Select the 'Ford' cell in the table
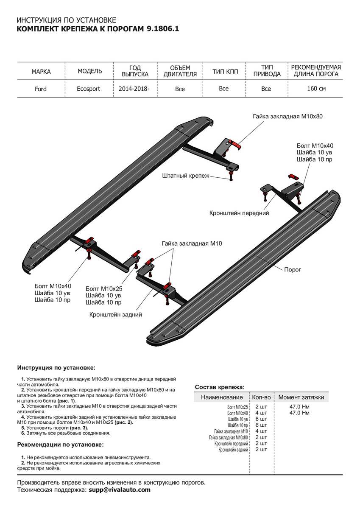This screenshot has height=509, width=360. [x=41, y=89]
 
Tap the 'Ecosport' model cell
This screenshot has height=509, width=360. [x=89, y=89]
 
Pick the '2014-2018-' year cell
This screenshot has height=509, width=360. [x=135, y=89]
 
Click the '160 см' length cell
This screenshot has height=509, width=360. [x=316, y=89]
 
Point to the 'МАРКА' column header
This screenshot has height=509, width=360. [x=41, y=71]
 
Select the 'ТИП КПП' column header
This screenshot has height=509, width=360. [x=225, y=71]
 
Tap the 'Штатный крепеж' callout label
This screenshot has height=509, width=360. [x=186, y=175]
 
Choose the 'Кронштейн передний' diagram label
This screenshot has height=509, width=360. [x=239, y=213]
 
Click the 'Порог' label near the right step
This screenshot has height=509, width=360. [x=292, y=269]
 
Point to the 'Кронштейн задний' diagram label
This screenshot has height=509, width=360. [x=115, y=315]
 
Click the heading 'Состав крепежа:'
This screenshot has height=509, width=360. [x=219, y=387]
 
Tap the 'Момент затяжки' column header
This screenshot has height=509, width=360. [x=301, y=397]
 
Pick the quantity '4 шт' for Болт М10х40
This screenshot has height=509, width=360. [x=261, y=413]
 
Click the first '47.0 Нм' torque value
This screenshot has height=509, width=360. [x=299, y=407]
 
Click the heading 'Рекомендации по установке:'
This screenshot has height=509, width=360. [x=60, y=445]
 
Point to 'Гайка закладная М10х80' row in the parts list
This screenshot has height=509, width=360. [x=229, y=437]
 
